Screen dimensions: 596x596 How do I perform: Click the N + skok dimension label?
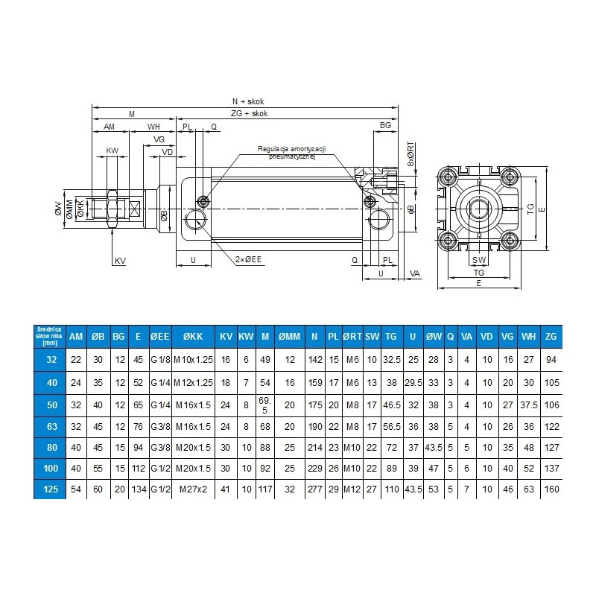pyautogui.click(x=248, y=101)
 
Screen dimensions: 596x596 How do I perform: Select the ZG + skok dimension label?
pyautogui.click(x=249, y=113)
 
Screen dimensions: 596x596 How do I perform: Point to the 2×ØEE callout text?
pyautogui.click(x=248, y=259)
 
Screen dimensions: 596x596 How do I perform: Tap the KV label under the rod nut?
pyautogui.click(x=120, y=261)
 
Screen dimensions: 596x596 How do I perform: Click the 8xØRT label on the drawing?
pyautogui.click(x=411, y=154)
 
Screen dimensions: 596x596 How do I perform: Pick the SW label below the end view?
pyautogui.click(x=479, y=260)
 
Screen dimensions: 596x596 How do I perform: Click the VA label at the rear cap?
pyautogui.click(x=415, y=273)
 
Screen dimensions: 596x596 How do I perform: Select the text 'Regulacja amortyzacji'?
pyautogui.click(x=291, y=148)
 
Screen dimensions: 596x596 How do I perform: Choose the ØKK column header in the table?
pyautogui.click(x=193, y=337)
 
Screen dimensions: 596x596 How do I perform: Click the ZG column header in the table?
pyautogui.click(x=551, y=337)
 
